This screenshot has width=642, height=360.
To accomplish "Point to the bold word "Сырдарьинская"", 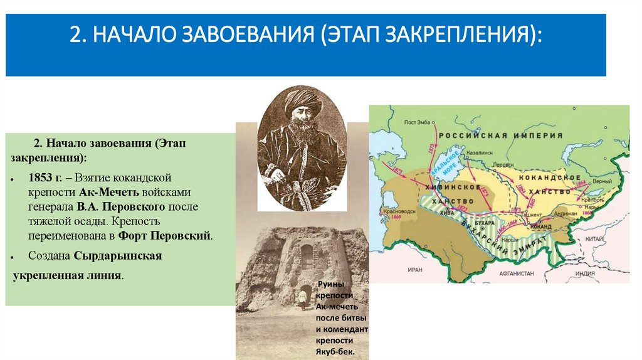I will click(x=118, y=256).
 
